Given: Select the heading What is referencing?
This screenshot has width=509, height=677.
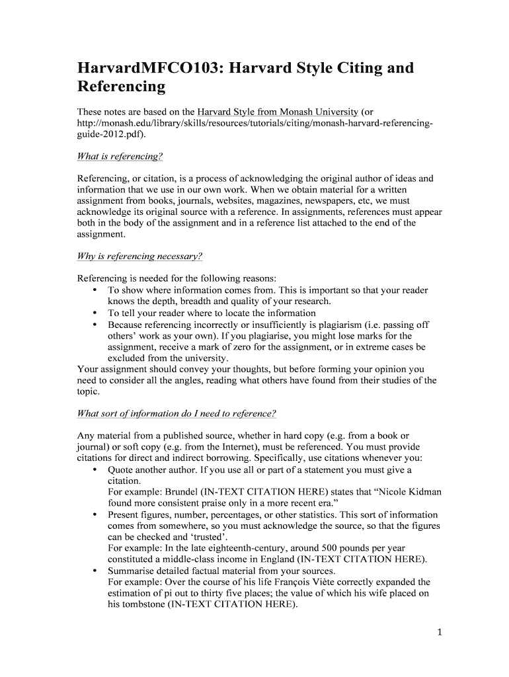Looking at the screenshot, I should tap(120, 156).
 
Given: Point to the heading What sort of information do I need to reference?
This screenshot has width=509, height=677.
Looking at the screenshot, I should tap(176, 413).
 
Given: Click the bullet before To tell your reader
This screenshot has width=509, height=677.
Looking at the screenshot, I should tap(96, 313).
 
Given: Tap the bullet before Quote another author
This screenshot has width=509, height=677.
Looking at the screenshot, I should tap(96, 470).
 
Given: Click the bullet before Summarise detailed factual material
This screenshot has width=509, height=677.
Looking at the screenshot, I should tap(96, 571).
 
